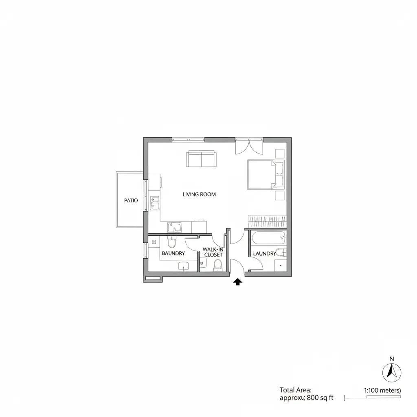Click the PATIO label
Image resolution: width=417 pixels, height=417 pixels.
click(131, 200)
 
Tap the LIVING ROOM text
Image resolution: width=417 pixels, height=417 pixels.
click(199, 194)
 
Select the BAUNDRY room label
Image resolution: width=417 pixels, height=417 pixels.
click(173, 253)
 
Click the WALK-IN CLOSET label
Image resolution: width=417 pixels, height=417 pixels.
click(213, 252)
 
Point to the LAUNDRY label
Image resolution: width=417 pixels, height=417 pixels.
click(265, 253)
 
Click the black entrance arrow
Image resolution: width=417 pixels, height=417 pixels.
click(237, 282)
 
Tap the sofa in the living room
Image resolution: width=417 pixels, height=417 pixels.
click(201, 158)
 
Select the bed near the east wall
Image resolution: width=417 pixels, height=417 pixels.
click(265, 174)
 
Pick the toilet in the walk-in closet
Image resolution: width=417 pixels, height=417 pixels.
click(217, 264)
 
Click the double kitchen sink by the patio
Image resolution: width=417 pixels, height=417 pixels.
click(155, 203)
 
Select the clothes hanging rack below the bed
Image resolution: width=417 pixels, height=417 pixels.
click(267, 222)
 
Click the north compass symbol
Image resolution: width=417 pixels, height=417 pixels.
click(392, 372)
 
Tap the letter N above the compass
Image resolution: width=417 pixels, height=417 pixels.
click(392, 359)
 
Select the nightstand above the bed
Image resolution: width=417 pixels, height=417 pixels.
click(279, 154)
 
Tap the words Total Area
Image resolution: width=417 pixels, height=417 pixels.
click(295, 390)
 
